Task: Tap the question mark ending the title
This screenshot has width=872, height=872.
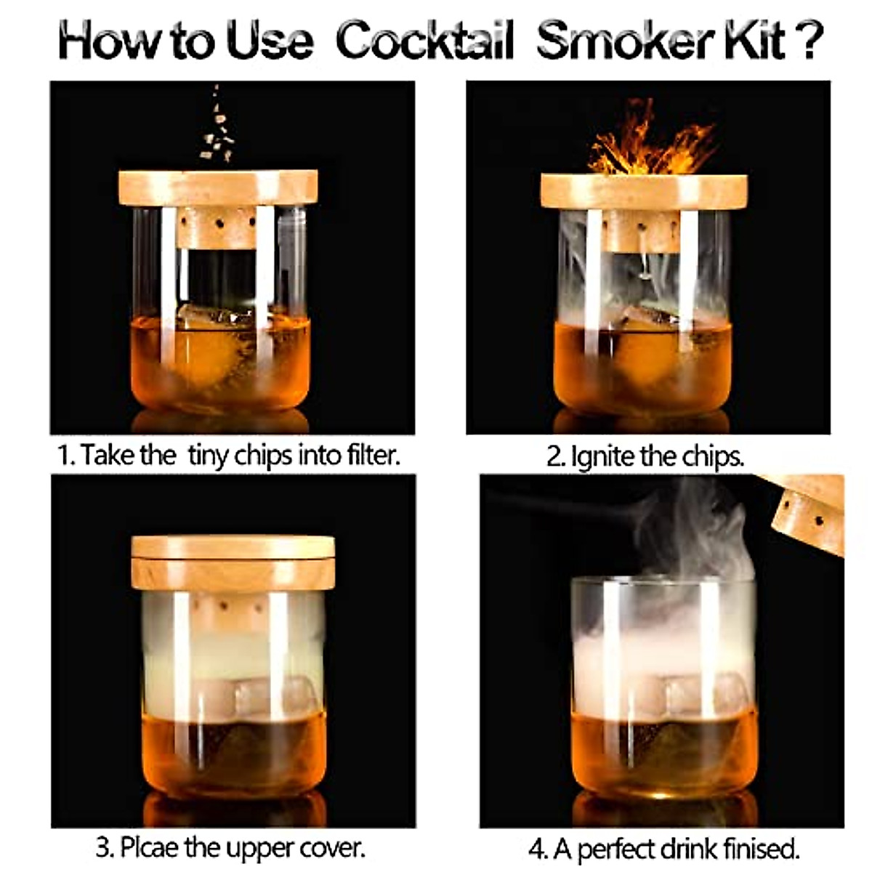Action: (x=809, y=41)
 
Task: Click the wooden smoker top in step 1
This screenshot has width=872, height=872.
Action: (x=218, y=187)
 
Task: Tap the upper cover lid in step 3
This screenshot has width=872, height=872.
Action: (x=233, y=547)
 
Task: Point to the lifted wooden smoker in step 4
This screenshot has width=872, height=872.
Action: (x=807, y=512)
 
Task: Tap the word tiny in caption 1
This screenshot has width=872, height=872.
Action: (x=210, y=456)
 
